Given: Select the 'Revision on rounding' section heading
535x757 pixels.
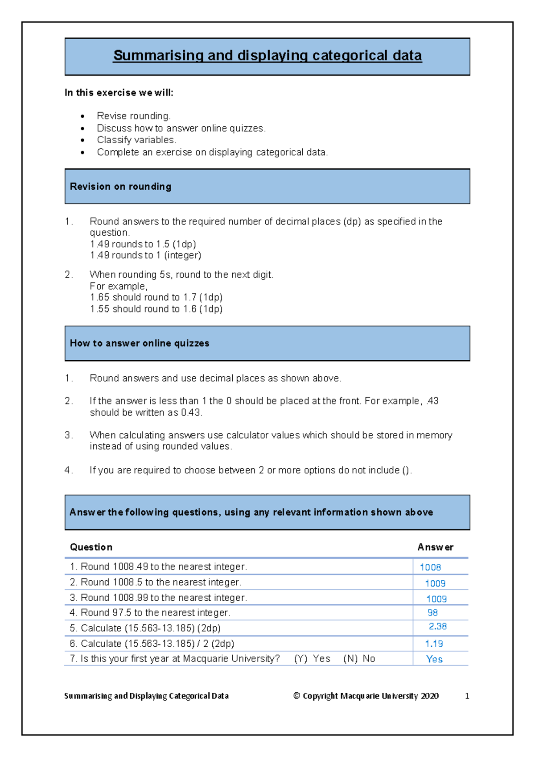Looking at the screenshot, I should coord(120,187).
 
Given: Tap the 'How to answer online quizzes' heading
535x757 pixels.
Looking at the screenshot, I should coord(140,343).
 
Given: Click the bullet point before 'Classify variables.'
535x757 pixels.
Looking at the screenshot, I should coord(83,140).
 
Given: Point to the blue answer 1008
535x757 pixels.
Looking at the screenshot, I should coord(430,567).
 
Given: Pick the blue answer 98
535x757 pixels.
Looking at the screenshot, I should coord(432,613).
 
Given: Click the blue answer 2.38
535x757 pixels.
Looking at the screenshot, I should coord(437,627).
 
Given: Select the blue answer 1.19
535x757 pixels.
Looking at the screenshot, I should coord(434,644).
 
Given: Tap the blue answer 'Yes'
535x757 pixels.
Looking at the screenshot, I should coord(434,659).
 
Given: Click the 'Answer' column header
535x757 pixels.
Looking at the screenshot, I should coord(435,547).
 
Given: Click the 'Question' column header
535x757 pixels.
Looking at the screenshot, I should coord(91,547).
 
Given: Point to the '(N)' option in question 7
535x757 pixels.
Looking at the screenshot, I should coord(350,659).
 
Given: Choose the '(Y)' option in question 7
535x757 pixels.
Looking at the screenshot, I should coord(301,659).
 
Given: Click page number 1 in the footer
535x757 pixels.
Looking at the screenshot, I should coord(467,696).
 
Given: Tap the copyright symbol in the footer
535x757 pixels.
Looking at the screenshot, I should coord(296,696).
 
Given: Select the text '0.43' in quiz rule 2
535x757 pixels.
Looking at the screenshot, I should coord(190,413).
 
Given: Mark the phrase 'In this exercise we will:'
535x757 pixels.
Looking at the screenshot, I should coord(119,93).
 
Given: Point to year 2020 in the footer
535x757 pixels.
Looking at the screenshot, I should coord(429,696).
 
